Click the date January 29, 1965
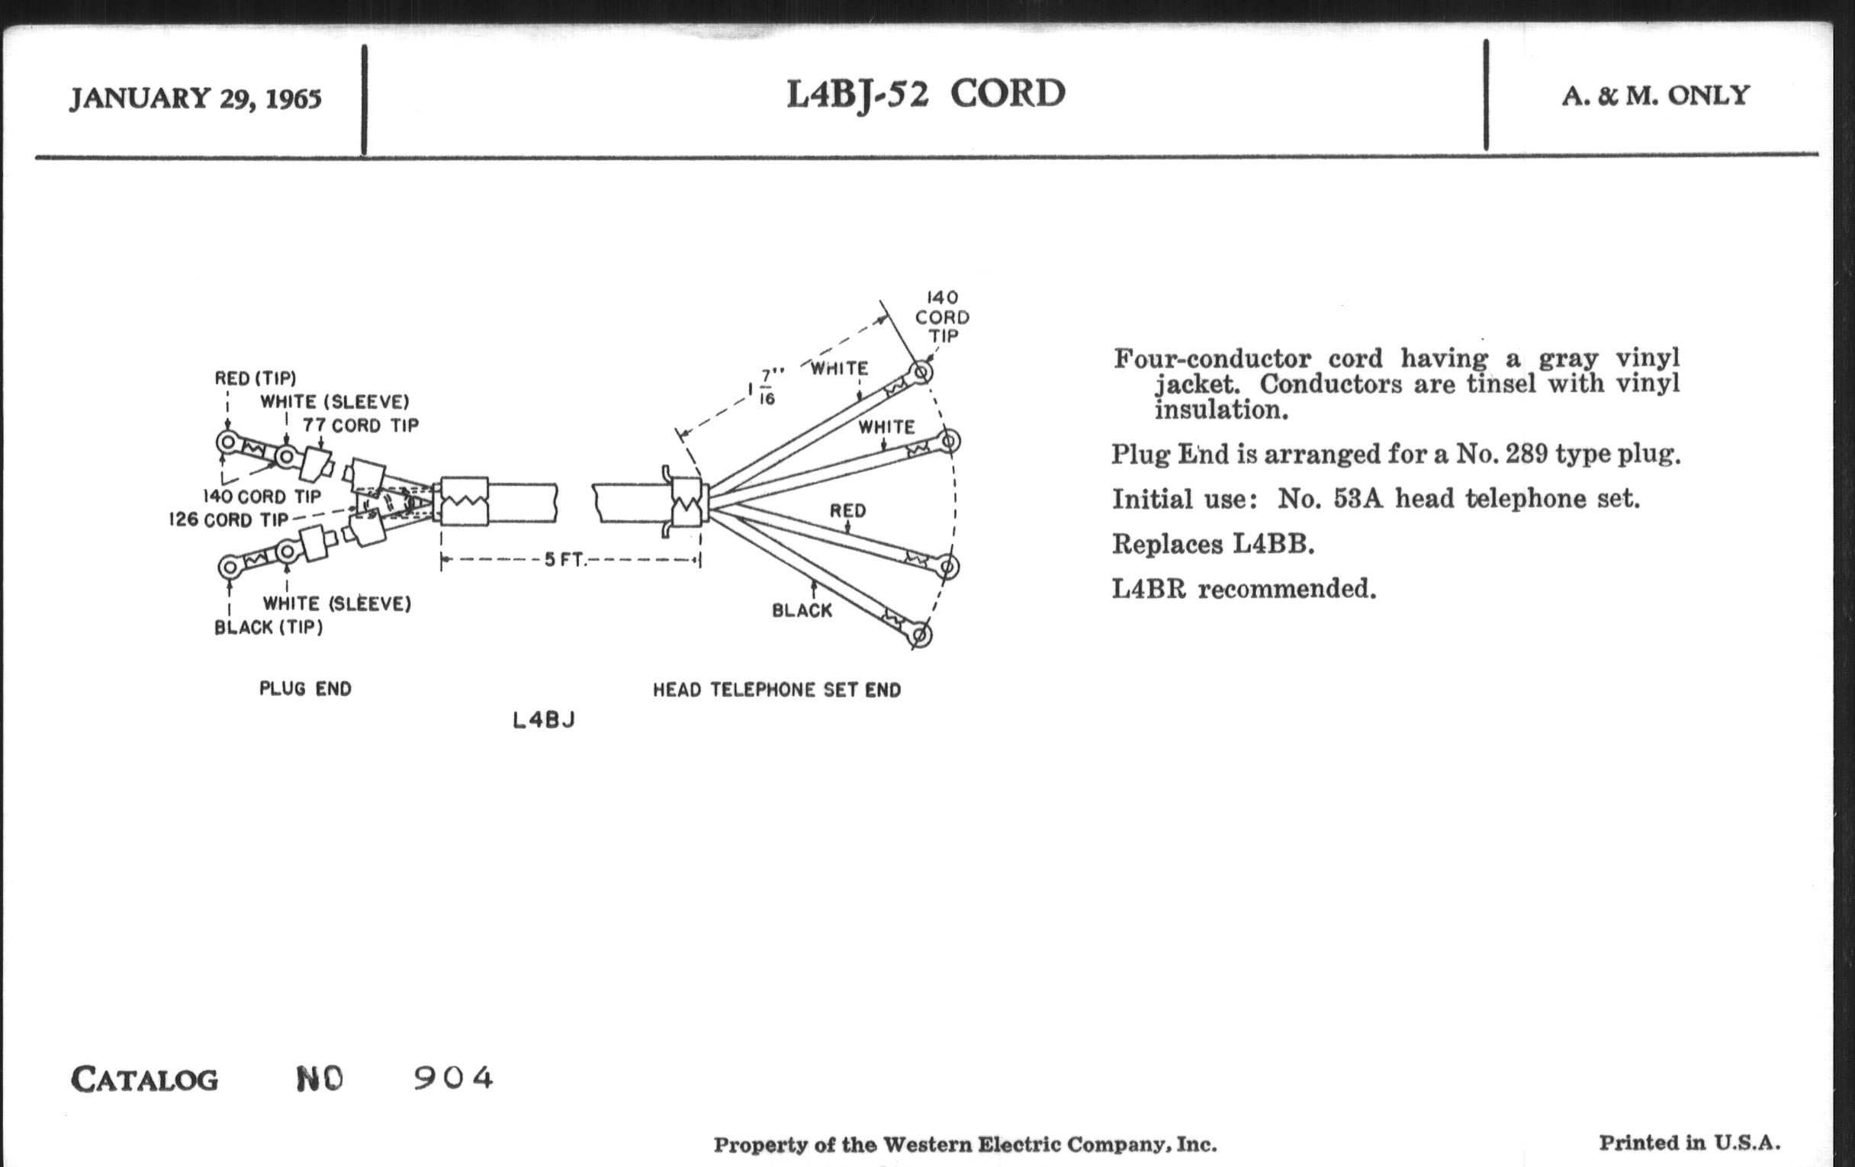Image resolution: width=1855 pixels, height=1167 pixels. tap(196, 98)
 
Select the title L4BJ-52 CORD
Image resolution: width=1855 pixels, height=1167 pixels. tap(926, 95)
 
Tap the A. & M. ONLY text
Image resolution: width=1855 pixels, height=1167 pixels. tap(1655, 96)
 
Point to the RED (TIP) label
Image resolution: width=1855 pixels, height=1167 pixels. tap(255, 378)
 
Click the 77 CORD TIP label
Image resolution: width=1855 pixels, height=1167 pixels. tap(361, 425)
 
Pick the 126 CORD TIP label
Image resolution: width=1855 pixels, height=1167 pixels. tap(228, 520)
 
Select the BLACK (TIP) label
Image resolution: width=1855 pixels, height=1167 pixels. tap(268, 627)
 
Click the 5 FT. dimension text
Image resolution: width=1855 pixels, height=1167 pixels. tap(565, 560)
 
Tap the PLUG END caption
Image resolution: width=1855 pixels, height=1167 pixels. tap(305, 689)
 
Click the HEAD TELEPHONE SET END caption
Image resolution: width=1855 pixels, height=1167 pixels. tap(776, 690)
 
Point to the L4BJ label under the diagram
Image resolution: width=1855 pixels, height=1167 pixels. tap(544, 721)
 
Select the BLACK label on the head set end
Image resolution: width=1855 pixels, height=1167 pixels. tap(802, 611)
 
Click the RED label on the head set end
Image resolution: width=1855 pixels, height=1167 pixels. tap(847, 511)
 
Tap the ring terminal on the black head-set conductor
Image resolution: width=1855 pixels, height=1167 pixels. tap(921, 635)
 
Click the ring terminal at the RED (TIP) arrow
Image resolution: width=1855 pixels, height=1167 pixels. tap(227, 443)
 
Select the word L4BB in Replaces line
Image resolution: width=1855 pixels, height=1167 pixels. tap(1272, 545)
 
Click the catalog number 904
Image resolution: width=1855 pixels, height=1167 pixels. tap(453, 1079)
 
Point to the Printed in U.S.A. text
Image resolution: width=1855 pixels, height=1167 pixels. tap(1689, 1143)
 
